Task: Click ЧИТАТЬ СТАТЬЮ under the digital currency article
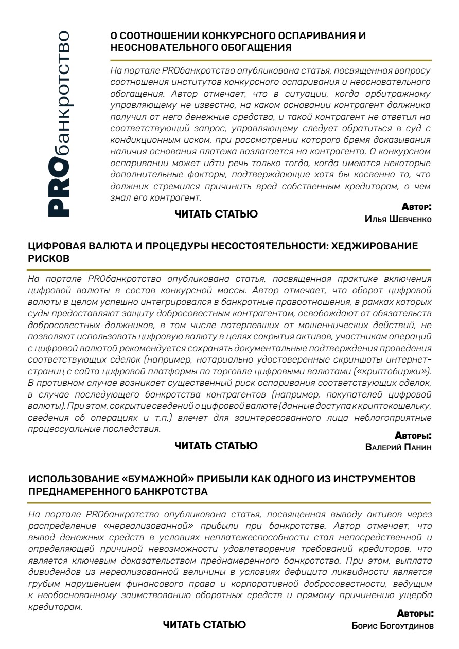tap(216, 446)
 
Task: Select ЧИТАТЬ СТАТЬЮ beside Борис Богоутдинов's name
tap(204, 625)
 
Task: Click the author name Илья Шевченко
tap(397, 219)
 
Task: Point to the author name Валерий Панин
tap(398, 447)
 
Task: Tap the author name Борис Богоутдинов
tap(392, 626)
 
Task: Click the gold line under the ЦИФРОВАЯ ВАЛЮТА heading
tap(229, 269)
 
